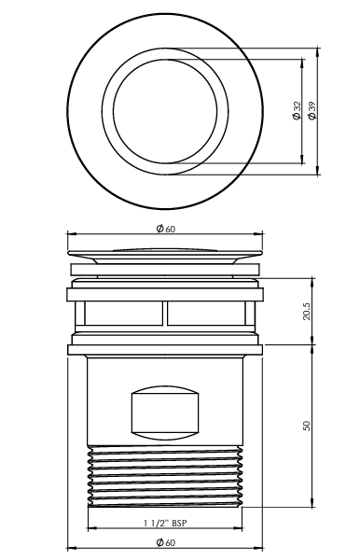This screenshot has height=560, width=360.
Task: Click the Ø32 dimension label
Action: (x=297, y=111)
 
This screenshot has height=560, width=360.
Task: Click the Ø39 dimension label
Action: (x=312, y=111)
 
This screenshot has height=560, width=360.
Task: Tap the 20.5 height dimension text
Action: (x=307, y=311)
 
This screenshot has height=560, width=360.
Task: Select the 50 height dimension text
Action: (x=307, y=426)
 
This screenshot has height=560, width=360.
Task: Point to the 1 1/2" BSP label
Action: (x=165, y=523)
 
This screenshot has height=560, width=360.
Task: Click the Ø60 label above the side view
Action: (x=166, y=229)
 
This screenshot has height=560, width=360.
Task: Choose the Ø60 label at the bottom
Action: (x=166, y=542)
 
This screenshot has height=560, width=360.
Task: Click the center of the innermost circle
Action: (x=165, y=111)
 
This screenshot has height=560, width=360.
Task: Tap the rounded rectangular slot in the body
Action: (x=165, y=413)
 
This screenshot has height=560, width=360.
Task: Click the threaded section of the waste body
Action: (x=165, y=476)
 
